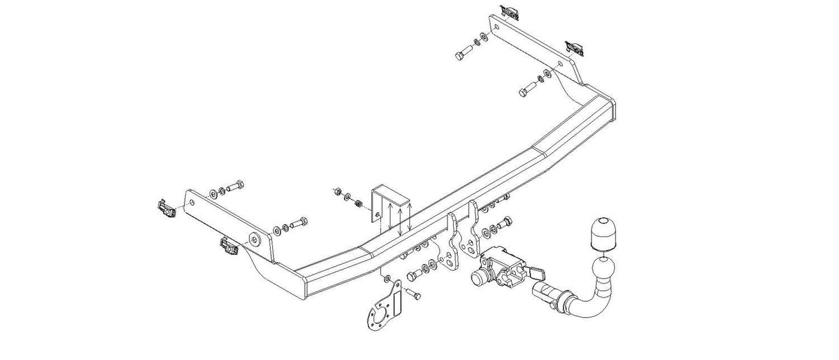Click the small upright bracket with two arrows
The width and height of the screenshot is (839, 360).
pyautogui.click(x=393, y=210)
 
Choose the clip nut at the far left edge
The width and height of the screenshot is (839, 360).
pyautogui.click(x=164, y=207)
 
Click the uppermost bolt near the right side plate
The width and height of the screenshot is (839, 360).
pyautogui.click(x=464, y=53)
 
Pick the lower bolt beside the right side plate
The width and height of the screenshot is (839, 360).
pyautogui.click(x=527, y=90)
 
